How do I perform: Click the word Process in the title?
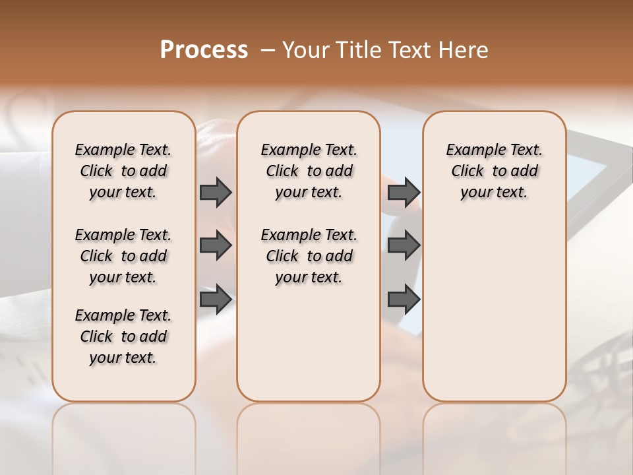point(204,50)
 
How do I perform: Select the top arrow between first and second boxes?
point(216,192)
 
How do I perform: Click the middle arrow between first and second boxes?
point(216,245)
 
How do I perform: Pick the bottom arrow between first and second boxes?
point(216,300)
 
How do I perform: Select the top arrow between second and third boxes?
point(404,192)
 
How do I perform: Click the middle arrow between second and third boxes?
point(404,245)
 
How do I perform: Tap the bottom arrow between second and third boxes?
point(404,300)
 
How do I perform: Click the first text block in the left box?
point(123,171)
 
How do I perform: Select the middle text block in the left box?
point(123,256)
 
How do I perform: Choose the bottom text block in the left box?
point(123,336)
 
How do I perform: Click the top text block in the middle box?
point(309,171)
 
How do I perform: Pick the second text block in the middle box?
point(309,256)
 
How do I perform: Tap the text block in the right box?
point(495,171)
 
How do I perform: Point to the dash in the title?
point(268,50)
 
